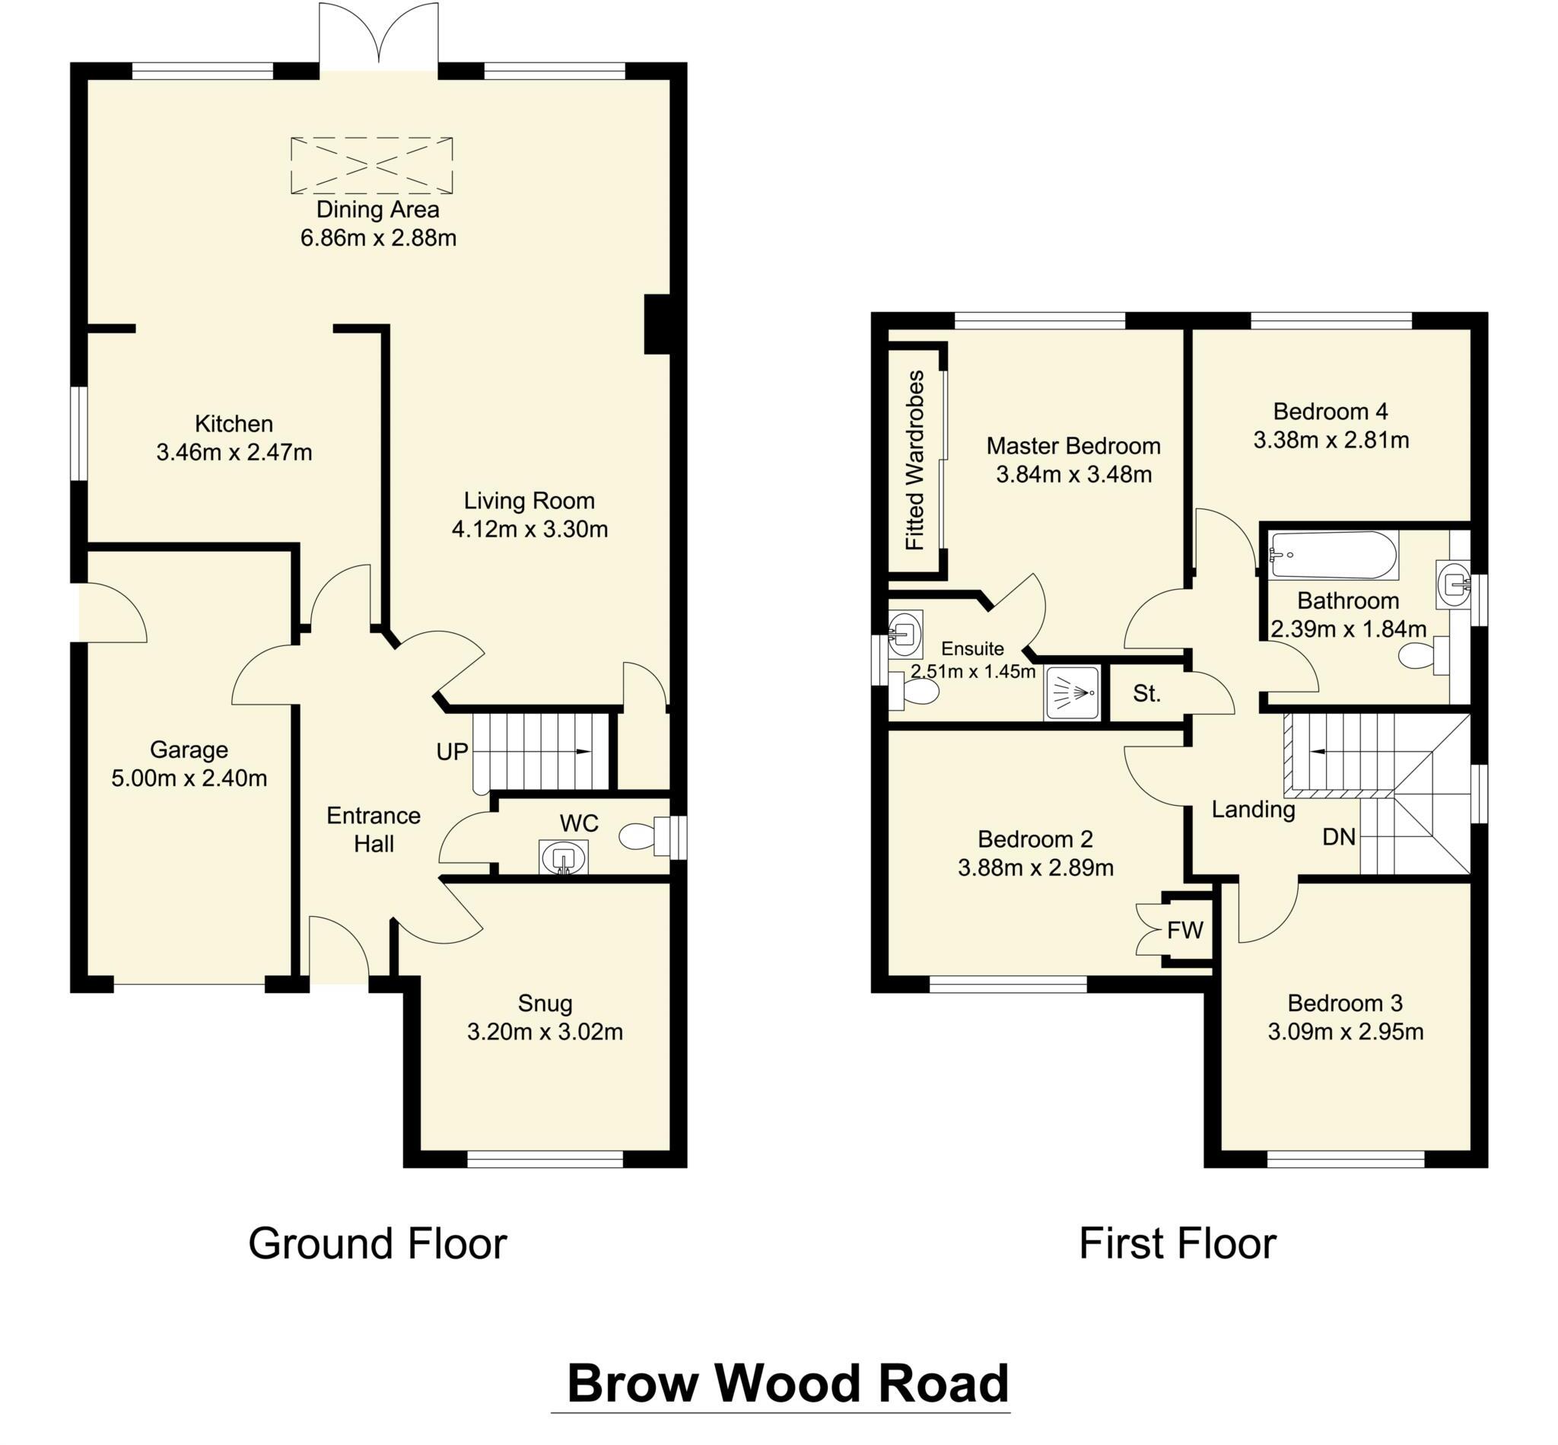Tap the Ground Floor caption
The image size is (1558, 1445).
coord(377,1243)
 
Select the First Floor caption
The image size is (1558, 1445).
coord(1177,1243)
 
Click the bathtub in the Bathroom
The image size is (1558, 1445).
coord(1332,555)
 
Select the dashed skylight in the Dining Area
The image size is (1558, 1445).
coord(371,165)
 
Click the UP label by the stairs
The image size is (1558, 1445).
coord(452,752)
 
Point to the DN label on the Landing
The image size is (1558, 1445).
coord(1337,838)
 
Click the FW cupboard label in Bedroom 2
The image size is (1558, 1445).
coord(1184,930)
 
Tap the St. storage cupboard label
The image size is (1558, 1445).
coord(1146,693)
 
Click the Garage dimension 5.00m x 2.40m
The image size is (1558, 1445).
coord(189,778)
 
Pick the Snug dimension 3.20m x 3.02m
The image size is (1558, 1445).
coord(544,1031)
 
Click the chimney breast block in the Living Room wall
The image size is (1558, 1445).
coord(657,323)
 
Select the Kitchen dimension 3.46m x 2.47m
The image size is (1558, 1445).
coord(234,452)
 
